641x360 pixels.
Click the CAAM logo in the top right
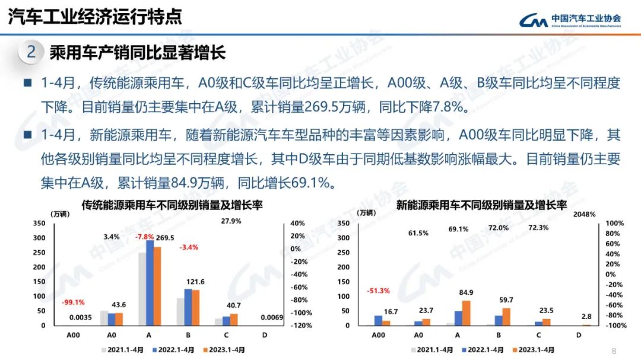[x=570, y=21]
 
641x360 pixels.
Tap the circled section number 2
[x=31, y=52]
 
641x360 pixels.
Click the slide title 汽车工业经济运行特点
[x=95, y=17]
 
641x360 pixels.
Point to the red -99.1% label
[x=74, y=301]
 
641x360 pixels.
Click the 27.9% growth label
[x=231, y=221]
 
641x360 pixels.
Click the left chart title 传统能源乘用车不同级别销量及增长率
[x=172, y=205]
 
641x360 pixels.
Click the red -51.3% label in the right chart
[x=379, y=291]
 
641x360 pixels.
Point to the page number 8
[x=613, y=350]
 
